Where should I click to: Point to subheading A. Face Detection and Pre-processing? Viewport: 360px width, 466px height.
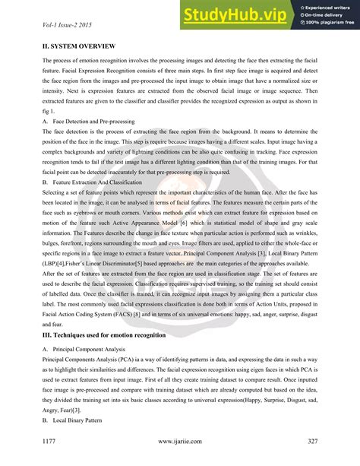point(89,121)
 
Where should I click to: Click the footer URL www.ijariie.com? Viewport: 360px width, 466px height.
point(180,440)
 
